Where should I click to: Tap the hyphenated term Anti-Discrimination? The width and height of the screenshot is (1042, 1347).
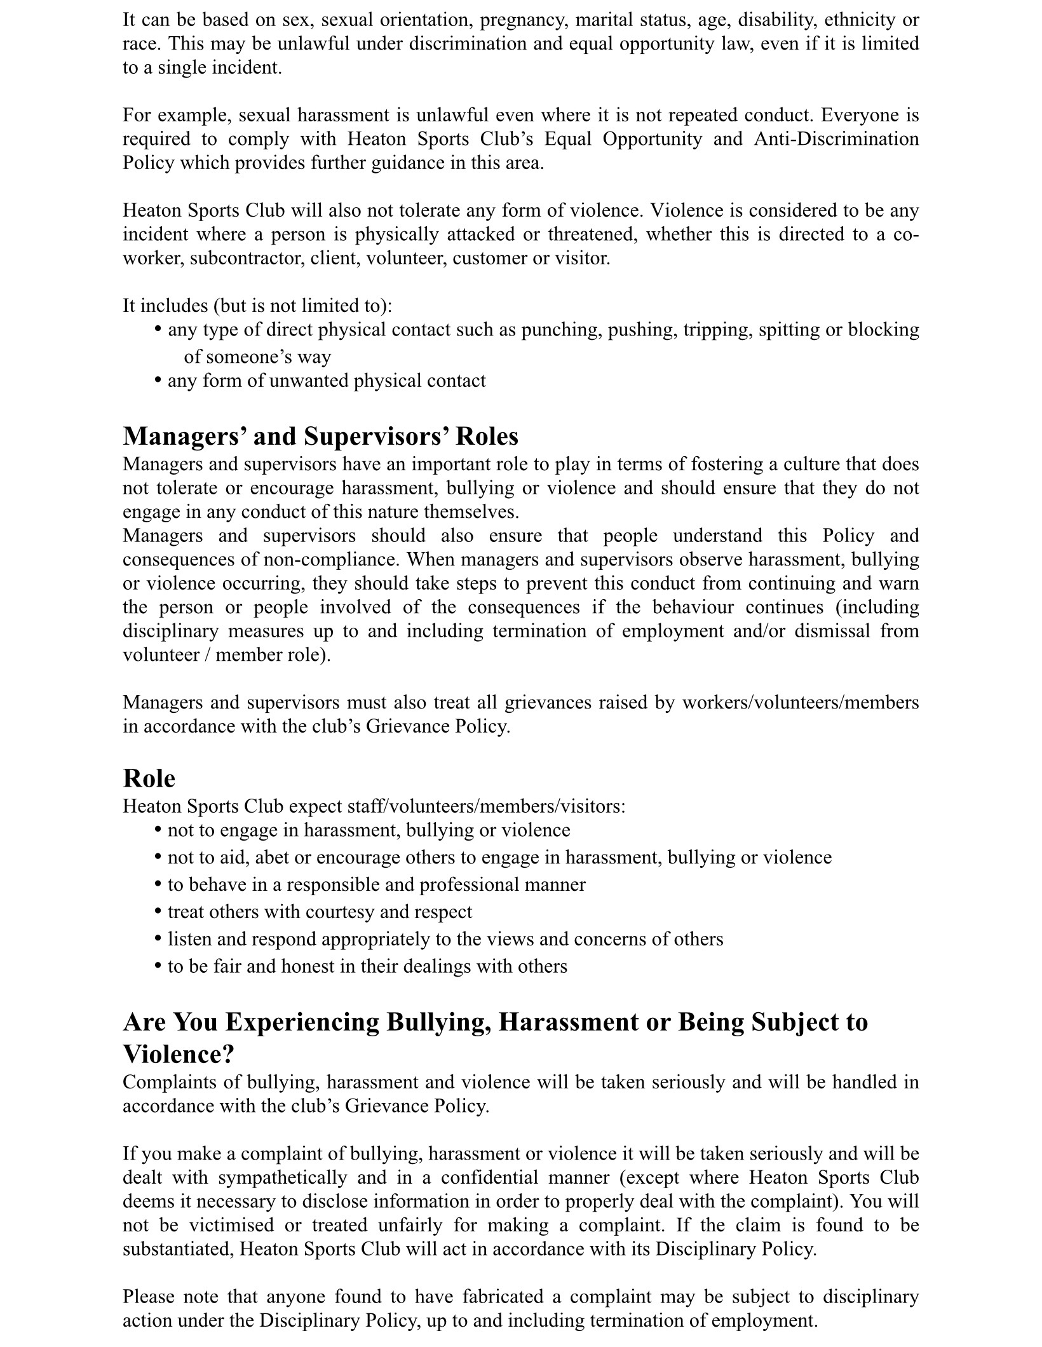coord(836,139)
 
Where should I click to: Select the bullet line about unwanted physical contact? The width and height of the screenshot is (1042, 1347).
coord(326,381)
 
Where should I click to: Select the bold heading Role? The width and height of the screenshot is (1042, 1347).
coord(149,778)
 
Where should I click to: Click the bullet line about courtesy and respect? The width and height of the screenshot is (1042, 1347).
coord(320,912)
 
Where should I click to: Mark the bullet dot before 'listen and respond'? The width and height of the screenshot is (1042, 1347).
coord(158,939)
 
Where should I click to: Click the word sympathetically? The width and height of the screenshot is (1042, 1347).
coord(283,1177)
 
